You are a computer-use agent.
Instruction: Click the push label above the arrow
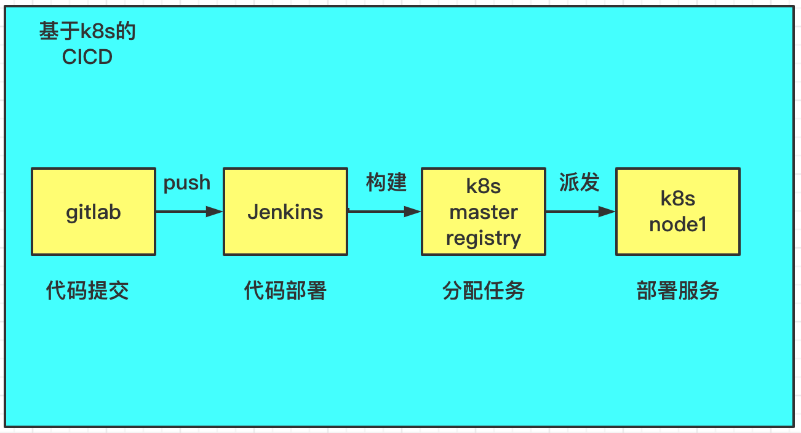tap(186, 183)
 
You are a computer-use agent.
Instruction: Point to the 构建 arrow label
tap(386, 183)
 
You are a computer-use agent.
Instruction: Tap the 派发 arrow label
tap(579, 183)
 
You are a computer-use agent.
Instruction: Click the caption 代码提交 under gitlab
tap(87, 290)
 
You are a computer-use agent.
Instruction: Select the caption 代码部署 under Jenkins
tap(285, 290)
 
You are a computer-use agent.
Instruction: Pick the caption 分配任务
tap(483, 290)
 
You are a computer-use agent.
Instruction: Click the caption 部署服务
tap(677, 290)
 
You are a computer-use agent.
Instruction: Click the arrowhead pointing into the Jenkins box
tap(215, 212)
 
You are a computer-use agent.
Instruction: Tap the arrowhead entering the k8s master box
tap(413, 212)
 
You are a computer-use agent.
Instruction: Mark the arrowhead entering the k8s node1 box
tap(607, 212)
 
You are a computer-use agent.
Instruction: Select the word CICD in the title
tap(87, 57)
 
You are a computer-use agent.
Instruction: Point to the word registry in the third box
tap(483, 238)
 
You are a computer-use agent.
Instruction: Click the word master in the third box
tap(483, 212)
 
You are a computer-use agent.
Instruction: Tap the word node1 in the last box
tap(677, 224)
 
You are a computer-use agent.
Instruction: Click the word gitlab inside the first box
tap(93, 212)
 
